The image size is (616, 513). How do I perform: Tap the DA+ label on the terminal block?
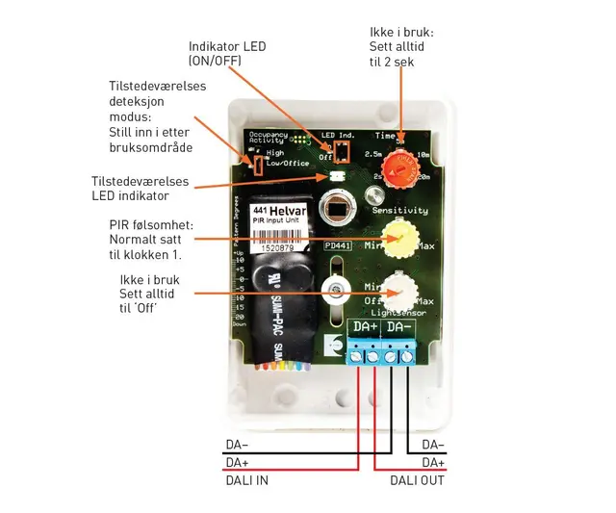(366, 328)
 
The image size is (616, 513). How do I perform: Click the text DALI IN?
(248, 478)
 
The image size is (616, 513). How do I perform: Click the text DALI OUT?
(417, 478)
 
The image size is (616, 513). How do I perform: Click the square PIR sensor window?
(338, 210)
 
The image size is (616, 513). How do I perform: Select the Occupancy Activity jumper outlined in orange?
(257, 164)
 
